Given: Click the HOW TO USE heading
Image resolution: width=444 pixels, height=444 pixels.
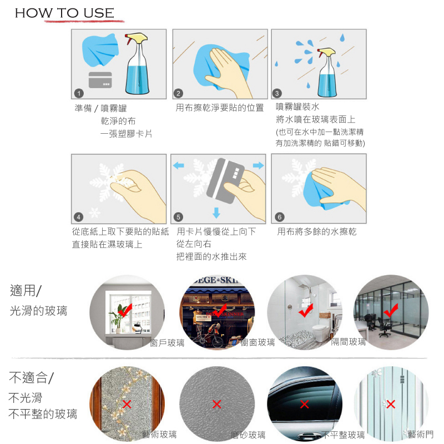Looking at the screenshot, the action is coord(64,13).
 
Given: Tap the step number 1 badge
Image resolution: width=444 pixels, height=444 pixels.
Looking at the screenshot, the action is coord(79,93).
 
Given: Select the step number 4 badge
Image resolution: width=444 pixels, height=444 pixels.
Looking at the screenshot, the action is coord(78,217).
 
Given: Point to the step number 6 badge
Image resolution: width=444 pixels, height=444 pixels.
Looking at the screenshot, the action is coord(280,217).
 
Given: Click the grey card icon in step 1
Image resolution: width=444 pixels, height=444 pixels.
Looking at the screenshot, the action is coord(100,80).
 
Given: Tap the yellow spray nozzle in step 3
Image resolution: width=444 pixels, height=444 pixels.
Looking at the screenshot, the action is coord(326,52).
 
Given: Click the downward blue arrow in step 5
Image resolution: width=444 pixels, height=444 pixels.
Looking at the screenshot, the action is coord(216,213).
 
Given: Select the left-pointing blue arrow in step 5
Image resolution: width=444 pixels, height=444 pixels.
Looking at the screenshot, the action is coord(178,165).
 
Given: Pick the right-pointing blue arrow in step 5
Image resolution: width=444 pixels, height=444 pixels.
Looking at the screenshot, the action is coord(258,165).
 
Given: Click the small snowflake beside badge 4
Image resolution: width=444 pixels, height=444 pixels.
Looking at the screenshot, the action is coord(94,213).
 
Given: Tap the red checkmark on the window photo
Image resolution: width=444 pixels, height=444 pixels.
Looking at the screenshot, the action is coord(125,310).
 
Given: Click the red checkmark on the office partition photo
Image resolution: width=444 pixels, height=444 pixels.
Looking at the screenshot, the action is coord(391,310).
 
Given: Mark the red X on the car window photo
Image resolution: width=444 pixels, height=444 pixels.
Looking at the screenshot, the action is coord(304,404).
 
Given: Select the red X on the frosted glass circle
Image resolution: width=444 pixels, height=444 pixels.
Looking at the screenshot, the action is coord(216,404).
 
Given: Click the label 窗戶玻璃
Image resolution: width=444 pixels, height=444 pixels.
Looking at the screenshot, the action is coord(167,343).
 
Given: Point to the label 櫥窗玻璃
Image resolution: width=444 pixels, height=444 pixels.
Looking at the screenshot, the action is coord(258,342).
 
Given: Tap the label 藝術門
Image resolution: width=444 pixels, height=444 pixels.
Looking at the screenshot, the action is coord(421,434).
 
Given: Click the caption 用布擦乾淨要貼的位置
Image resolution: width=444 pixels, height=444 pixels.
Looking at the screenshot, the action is coord(220,108).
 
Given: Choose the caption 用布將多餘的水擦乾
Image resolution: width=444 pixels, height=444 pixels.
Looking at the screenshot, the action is coord(316,231).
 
